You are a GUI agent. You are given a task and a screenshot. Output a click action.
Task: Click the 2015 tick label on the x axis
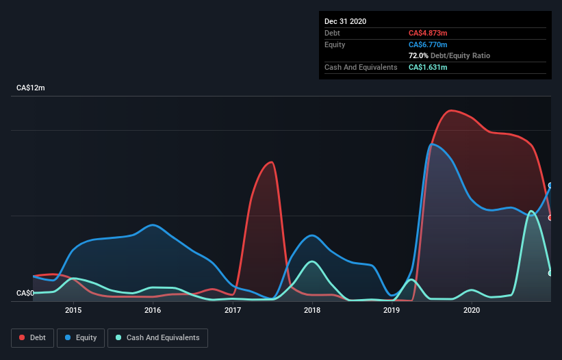pyautogui.click(x=73, y=310)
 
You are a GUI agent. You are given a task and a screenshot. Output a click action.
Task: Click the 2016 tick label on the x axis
pyautogui.click(x=153, y=310)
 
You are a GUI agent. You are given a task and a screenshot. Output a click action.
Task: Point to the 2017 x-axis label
pyautogui.click(x=233, y=310)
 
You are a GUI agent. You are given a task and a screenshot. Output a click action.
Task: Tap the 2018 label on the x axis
pyautogui.click(x=312, y=310)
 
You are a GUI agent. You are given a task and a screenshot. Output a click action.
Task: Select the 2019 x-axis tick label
pyautogui.click(x=392, y=310)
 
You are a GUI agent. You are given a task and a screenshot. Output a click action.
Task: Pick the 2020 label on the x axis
pyautogui.click(x=472, y=310)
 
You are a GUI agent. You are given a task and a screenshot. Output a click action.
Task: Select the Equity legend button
pyautogui.click(x=81, y=337)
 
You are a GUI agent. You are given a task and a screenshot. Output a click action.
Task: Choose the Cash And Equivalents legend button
pyautogui.click(x=157, y=337)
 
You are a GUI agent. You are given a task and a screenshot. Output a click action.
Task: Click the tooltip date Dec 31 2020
pyautogui.click(x=345, y=21)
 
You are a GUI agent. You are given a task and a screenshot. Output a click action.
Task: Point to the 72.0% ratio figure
pyautogui.click(x=418, y=55)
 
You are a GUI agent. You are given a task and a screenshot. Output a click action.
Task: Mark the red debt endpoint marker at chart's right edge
pyautogui.click(x=550, y=218)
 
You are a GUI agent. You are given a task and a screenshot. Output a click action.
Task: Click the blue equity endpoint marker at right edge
pyautogui.click(x=550, y=185)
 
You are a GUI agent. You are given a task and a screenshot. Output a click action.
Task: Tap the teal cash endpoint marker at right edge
pyautogui.click(x=550, y=273)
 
